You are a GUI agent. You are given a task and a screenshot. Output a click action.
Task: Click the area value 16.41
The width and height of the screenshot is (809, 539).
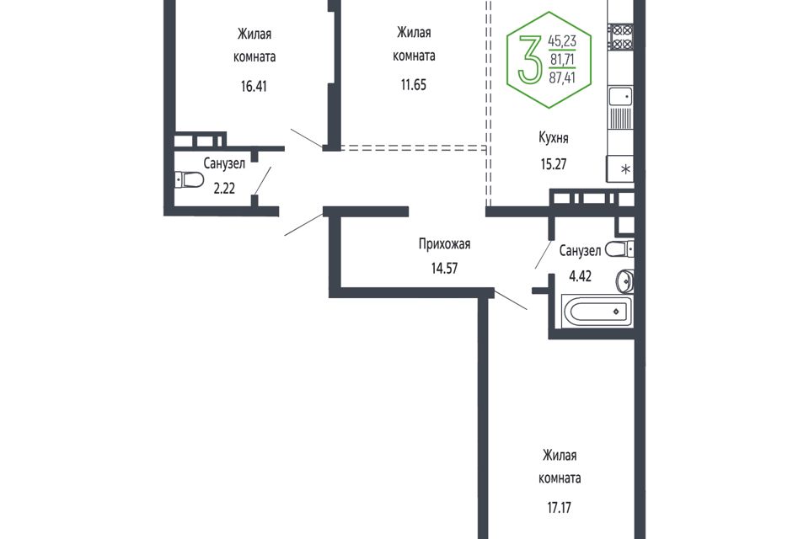coord(254,86)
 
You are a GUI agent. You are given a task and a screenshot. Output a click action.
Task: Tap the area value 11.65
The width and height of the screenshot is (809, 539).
coord(413,84)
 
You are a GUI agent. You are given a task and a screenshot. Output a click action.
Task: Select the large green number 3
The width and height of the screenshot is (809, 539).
coord(530,59)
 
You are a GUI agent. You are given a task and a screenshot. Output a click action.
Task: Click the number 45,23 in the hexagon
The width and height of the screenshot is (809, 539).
coord(562,40)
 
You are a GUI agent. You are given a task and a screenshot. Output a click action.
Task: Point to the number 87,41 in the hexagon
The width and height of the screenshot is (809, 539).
coord(562,77)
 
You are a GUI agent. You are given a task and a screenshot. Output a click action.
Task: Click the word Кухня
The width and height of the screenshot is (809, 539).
coord(553,138)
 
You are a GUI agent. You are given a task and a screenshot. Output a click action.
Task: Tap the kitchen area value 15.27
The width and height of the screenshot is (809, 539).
coord(553,164)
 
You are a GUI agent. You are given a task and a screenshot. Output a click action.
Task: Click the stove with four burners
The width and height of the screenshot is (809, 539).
coord(620,37)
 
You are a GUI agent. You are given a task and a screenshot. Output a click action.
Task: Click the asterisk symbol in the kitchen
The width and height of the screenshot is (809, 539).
coord(625,168)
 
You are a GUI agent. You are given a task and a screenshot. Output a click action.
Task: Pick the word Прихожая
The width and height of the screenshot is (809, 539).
coord(444,243)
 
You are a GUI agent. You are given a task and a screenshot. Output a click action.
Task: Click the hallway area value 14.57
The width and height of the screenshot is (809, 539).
coord(444,268)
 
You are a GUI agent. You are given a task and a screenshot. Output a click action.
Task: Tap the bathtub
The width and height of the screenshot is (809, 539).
coord(595,312)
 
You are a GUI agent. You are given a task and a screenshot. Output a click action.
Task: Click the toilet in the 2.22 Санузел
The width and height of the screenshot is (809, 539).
coord(190,180)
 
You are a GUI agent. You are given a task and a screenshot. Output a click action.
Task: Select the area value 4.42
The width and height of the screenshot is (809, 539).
coord(580,276)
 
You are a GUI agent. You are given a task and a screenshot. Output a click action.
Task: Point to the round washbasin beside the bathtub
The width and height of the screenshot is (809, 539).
coord(624,280)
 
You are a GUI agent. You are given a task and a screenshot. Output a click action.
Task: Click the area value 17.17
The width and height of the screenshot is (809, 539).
coord(560,508)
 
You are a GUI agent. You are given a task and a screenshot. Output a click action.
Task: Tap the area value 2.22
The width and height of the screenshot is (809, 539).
coord(224,189)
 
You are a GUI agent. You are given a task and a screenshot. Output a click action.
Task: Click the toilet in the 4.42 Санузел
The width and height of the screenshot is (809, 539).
coord(619,249)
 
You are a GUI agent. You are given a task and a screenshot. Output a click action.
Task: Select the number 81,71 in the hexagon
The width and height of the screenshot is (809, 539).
coord(562,60)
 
